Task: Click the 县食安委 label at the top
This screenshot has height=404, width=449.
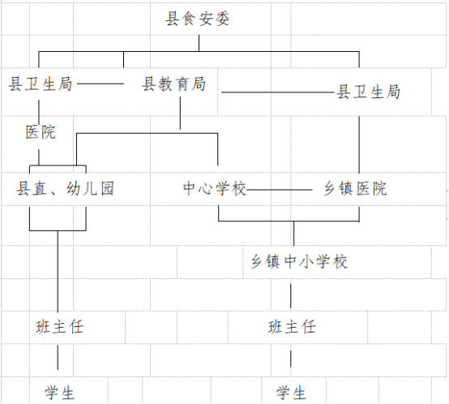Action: [198, 19]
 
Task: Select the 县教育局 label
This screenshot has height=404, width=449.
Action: [173, 84]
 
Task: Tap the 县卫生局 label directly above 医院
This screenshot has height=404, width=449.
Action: [40, 84]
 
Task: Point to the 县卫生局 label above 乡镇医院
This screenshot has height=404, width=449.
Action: [368, 92]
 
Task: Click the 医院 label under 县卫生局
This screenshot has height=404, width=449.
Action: [41, 132]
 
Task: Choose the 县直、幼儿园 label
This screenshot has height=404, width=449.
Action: [65, 188]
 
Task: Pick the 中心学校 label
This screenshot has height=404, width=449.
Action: [215, 188]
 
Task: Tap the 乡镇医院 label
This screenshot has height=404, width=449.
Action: [355, 188]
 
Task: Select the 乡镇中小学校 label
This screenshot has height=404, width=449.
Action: [299, 261]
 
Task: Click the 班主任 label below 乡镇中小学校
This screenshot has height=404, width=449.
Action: [292, 327]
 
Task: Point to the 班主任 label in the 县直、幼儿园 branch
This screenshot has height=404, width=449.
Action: [59, 327]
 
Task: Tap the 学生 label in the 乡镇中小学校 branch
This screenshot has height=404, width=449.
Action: [291, 393]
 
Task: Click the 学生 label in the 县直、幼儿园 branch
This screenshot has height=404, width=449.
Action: [59, 393]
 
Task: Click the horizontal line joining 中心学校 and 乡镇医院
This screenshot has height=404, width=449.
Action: [279, 190]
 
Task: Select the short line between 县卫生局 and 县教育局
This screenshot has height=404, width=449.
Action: [100, 84]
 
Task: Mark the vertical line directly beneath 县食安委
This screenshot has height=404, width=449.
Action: [199, 43]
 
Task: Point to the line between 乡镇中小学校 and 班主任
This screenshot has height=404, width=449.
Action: [291, 296]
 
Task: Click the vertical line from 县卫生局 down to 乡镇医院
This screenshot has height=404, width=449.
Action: [359, 144]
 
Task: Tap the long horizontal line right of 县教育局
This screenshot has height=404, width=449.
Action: [278, 92]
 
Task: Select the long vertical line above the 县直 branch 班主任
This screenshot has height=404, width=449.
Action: [58, 272]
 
